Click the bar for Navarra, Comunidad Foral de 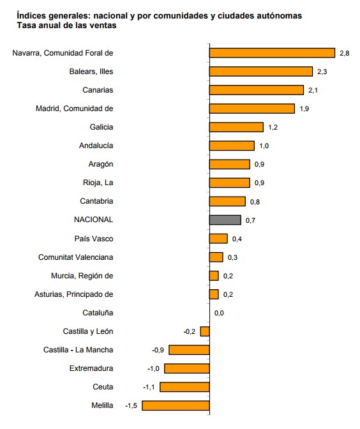click(272, 53)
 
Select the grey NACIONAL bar click(225, 220)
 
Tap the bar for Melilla click(176, 405)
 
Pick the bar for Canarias click(256, 90)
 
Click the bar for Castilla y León click(205, 331)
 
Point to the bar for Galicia click(236, 127)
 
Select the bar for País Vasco click(218, 239)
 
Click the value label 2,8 click(344, 54)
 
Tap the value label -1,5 click(131, 405)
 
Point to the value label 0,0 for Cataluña click(219, 313)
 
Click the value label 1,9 click(304, 109)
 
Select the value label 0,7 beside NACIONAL click(251, 220)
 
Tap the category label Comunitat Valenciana click(76, 257)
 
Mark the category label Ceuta click(103, 387)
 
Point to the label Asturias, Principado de click(73, 294)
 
